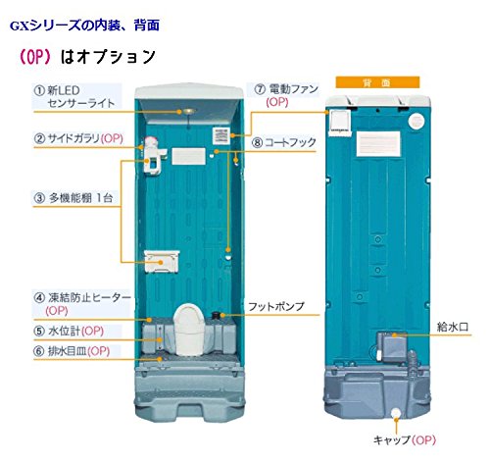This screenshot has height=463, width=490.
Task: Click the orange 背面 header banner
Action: [377, 82]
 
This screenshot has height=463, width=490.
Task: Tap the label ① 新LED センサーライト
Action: [74, 96]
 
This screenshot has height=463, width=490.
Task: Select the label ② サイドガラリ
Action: [78, 138]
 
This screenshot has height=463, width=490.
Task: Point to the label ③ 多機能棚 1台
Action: [73, 198]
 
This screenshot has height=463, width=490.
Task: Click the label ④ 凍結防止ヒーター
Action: [82, 303]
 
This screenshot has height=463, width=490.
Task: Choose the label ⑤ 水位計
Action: [69, 331]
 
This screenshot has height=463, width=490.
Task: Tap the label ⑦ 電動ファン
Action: [286, 95]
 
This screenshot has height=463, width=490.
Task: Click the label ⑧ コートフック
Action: [284, 142]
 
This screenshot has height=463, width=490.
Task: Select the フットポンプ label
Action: [276, 306]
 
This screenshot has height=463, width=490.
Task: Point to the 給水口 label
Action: [453, 327]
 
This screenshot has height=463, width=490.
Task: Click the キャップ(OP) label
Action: [405, 439]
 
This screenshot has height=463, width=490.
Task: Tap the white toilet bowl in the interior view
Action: [187, 329]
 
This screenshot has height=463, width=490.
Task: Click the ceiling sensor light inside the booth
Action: [189, 112]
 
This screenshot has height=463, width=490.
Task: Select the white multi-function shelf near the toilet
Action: [162, 261]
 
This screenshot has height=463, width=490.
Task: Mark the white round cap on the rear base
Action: [396, 412]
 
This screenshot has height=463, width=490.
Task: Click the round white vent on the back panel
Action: [416, 121]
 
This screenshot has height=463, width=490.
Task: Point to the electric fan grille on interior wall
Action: [221, 135]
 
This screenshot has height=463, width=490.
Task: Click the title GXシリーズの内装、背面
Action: [84, 26]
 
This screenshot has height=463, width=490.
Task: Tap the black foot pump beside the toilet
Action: [216, 316]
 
